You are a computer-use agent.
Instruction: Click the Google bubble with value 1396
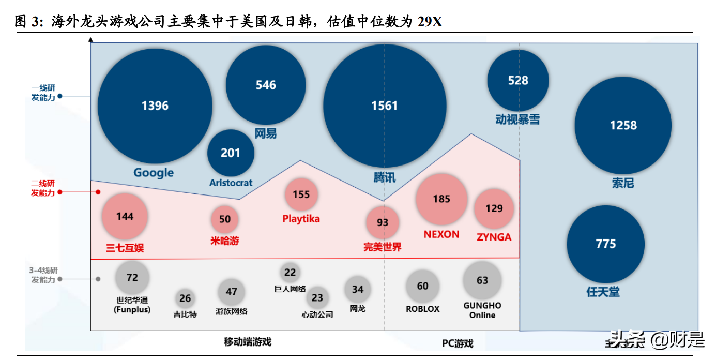point(155,106)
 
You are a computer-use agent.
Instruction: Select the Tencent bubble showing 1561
point(385,106)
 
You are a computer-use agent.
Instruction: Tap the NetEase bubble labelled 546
point(266,85)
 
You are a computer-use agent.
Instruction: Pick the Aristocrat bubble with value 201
point(231,153)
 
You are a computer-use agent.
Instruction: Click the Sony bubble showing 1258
point(623,125)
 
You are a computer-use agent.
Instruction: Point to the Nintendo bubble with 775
point(605,244)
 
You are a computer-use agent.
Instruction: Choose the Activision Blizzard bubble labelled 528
point(518,80)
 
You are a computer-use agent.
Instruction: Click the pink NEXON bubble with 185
point(441,199)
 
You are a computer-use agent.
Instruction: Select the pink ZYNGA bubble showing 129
point(494,208)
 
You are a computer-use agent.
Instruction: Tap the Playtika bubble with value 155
point(301,194)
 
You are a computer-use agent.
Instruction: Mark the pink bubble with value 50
point(225,219)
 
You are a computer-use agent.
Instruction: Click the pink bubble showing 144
point(125,216)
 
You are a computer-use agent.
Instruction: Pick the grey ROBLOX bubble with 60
point(422,286)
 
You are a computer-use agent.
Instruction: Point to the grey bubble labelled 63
point(482,280)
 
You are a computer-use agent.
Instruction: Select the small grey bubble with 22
point(290,273)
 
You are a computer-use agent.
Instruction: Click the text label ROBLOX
point(422,309)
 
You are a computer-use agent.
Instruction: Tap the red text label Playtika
point(301,219)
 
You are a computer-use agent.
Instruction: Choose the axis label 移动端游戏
point(247,341)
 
